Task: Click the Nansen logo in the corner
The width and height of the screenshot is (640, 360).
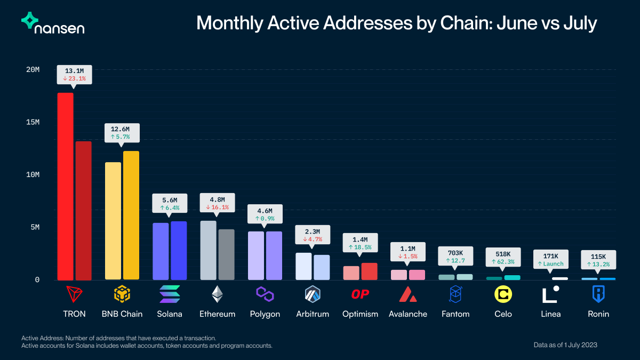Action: pyautogui.click(x=52, y=23)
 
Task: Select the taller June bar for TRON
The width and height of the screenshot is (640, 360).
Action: pyautogui.click(x=65, y=186)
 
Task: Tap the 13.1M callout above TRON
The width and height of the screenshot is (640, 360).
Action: pyautogui.click(x=75, y=74)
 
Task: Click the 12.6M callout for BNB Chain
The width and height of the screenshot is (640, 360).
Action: pyautogui.click(x=121, y=132)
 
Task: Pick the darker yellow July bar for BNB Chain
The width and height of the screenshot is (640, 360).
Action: pyautogui.click(x=131, y=215)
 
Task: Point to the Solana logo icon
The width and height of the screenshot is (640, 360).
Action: pyautogui.click(x=170, y=294)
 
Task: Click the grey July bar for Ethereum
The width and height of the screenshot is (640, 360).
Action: pyautogui.click(x=226, y=254)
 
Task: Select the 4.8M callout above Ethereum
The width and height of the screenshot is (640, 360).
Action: pyautogui.click(x=217, y=203)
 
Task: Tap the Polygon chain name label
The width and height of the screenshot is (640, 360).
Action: pyautogui.click(x=265, y=314)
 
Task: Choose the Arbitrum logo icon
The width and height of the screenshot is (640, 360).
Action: pyautogui.click(x=313, y=294)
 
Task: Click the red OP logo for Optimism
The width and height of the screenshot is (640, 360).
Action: pyautogui.click(x=360, y=294)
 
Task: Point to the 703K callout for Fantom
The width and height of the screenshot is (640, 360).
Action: pyautogui.click(x=455, y=257)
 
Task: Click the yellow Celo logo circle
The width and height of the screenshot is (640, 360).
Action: pyautogui.click(x=503, y=294)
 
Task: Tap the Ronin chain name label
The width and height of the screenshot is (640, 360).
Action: pyautogui.click(x=598, y=314)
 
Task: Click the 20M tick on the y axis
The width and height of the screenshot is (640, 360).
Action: pyautogui.click(x=34, y=70)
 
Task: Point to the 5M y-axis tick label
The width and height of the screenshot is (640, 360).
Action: pyautogui.click(x=34, y=227)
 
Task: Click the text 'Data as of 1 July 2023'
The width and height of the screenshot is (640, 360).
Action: pyautogui.click(x=565, y=345)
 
